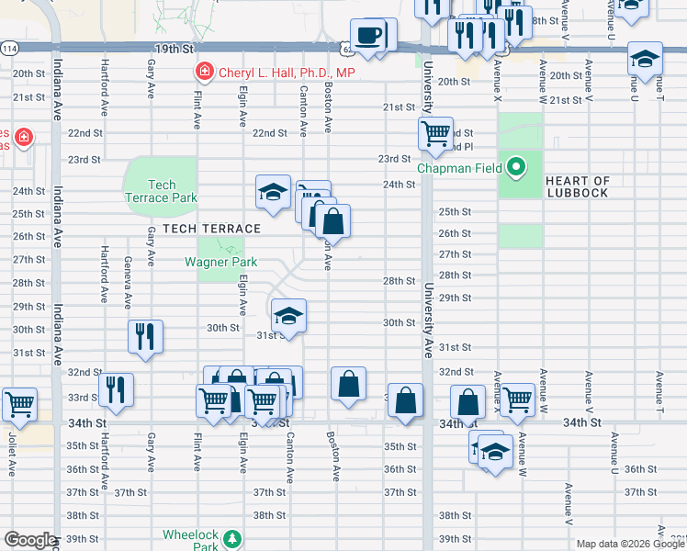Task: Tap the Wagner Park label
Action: [x=220, y=262]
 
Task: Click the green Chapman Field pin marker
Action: [x=516, y=168]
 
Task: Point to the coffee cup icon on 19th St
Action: [x=369, y=35]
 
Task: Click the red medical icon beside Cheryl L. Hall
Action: [x=204, y=72]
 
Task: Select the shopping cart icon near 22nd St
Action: [x=435, y=132]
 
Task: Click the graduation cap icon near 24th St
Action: [x=274, y=191]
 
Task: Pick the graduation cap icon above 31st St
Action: [x=288, y=317]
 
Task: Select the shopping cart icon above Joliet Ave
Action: [x=18, y=402]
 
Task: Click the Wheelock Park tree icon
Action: [x=233, y=537]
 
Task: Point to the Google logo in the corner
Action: [x=29, y=540]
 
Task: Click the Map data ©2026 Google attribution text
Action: [x=630, y=544]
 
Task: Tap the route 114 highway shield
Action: [x=9, y=48]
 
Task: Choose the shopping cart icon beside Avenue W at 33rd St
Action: [x=518, y=399]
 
